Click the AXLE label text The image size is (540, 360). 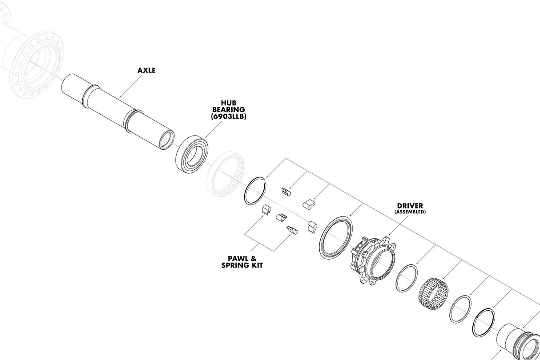[x=146, y=70]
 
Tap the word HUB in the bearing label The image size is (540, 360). [x=229, y=103]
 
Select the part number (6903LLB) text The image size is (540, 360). [x=229, y=116]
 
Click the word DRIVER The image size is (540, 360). [x=410, y=206]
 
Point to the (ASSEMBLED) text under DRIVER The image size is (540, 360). [x=410, y=212]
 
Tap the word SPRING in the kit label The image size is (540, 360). [x=233, y=265]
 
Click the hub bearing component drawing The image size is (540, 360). [x=192, y=154]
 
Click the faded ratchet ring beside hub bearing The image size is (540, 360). [x=226, y=174]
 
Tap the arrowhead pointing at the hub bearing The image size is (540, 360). [x=206, y=138]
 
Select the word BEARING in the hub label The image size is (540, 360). [x=229, y=110]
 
